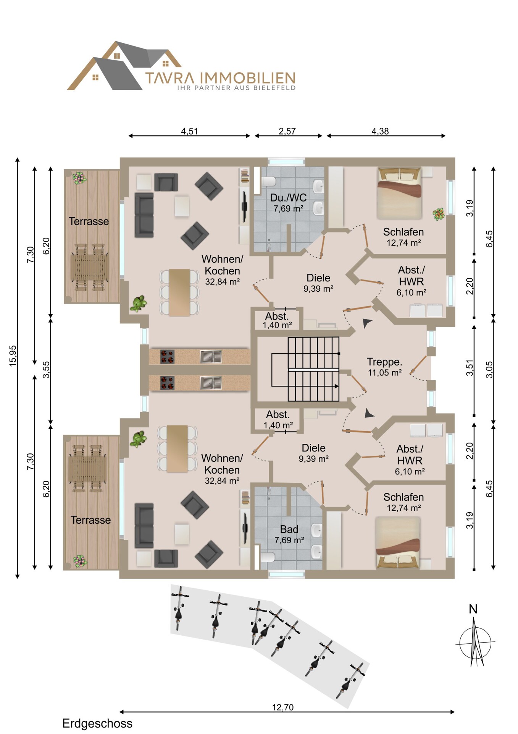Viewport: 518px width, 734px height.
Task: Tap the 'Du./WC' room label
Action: pos(288,198)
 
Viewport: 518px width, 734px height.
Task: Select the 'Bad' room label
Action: pos(289,529)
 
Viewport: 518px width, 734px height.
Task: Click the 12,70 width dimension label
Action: pos(283,707)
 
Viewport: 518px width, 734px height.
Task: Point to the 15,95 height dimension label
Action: pos(13,356)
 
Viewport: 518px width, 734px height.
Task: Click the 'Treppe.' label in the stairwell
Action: pos(384,362)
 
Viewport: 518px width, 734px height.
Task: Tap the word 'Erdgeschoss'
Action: pos(97,723)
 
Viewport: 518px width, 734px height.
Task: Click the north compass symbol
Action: pos(475,638)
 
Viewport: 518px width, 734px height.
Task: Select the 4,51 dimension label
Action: pos(189,131)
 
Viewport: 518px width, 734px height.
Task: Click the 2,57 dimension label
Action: pos(287,131)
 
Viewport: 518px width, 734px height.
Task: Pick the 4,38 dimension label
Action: pos(380,131)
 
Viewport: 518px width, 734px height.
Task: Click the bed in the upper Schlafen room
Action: pos(399,193)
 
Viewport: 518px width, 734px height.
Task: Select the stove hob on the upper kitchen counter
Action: pos(167,357)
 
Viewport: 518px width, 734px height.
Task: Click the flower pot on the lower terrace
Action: pos(80,561)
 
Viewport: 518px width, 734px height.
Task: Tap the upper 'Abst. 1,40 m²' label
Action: pos(277,320)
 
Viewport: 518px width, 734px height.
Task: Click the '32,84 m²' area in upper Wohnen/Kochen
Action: pos(222,282)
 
